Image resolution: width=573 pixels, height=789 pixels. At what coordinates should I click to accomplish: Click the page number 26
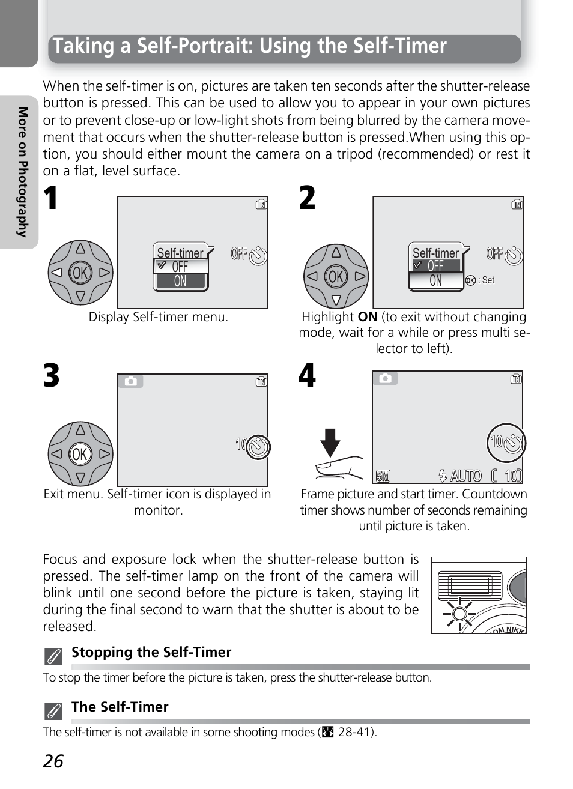53,761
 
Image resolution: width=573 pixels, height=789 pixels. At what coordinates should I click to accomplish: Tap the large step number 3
52,376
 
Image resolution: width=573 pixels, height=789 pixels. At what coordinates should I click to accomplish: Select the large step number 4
307,376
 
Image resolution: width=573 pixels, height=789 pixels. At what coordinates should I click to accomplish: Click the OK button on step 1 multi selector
80,273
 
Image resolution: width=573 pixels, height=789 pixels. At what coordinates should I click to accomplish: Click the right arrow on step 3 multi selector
105,454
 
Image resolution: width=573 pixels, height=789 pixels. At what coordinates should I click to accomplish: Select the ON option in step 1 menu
180,282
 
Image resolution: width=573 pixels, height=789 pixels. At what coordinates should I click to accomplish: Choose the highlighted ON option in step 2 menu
436,281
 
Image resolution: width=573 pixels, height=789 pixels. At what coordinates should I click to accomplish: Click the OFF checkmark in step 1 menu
161,265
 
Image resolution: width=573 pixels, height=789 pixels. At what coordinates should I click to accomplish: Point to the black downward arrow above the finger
330,443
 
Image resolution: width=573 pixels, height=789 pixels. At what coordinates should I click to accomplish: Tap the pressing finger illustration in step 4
339,467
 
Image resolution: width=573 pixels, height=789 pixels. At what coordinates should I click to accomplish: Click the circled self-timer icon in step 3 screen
258,447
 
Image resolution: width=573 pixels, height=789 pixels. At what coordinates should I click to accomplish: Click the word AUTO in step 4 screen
465,476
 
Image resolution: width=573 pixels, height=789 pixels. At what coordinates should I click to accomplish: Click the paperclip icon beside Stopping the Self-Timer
53,656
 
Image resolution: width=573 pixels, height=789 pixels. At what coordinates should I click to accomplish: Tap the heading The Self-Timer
120,707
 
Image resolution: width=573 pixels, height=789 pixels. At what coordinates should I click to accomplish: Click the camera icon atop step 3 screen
131,381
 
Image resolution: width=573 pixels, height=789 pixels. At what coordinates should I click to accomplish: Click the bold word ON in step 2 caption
367,317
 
